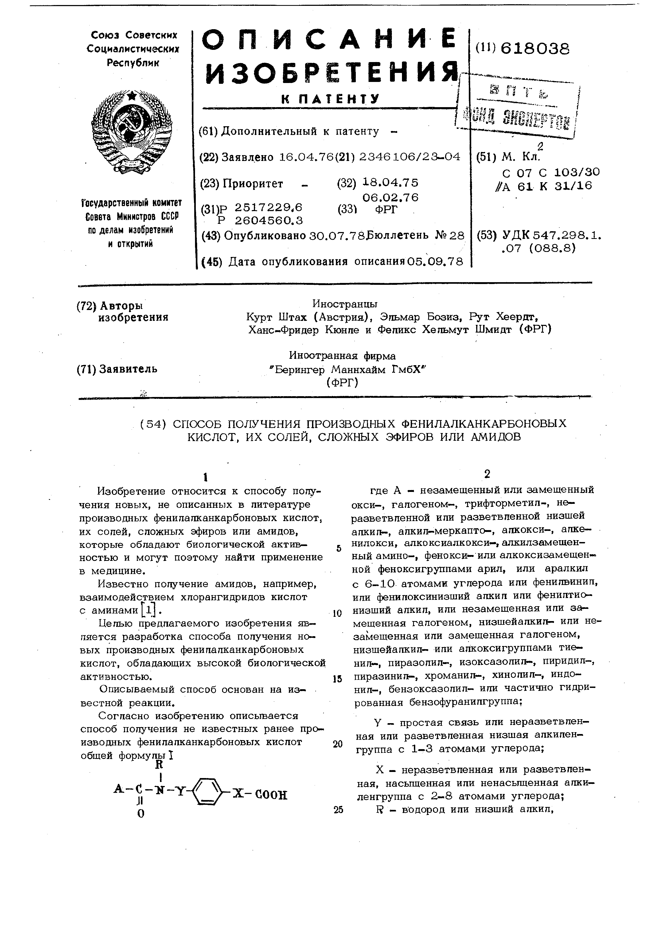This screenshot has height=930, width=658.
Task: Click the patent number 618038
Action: click(x=535, y=49)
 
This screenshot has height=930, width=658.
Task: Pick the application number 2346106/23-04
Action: click(x=408, y=157)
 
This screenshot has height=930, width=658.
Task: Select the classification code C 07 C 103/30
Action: click(x=551, y=173)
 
